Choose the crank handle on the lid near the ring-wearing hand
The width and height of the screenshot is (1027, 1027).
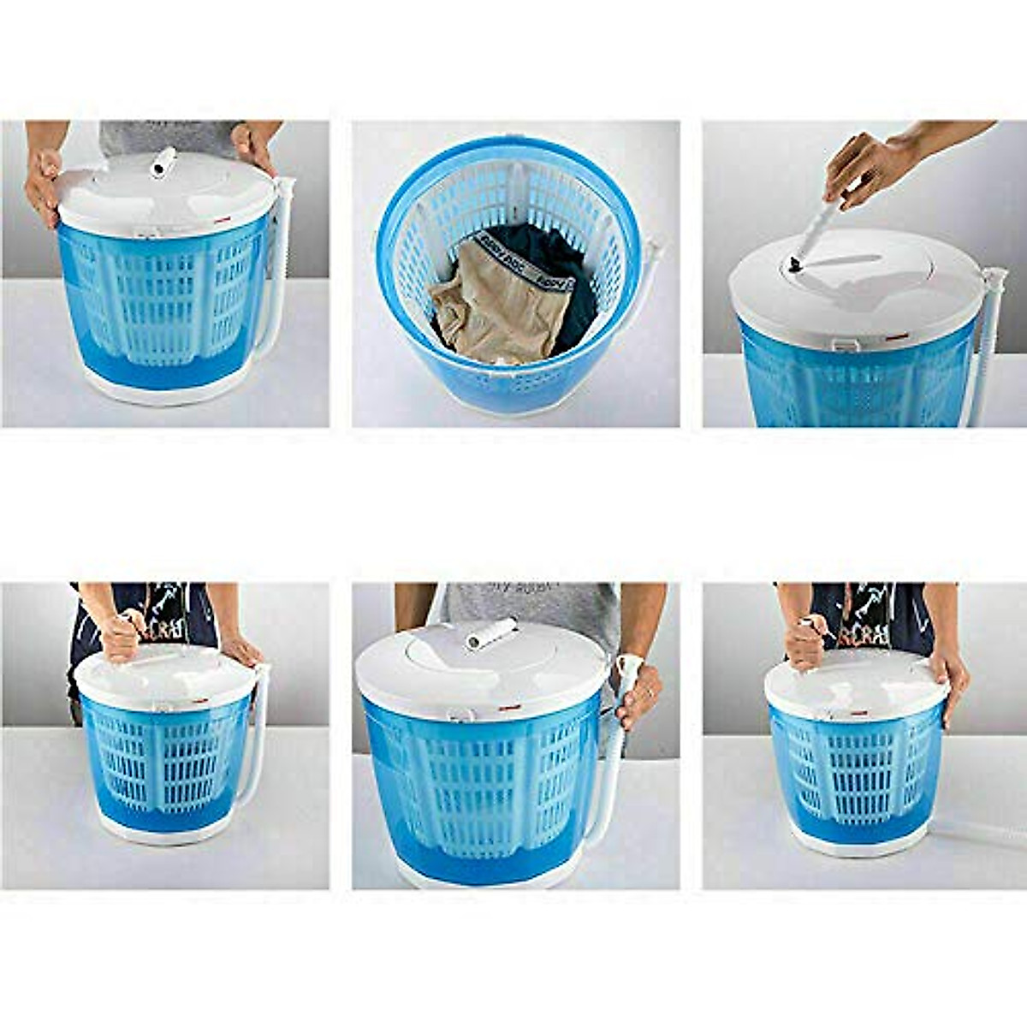490,633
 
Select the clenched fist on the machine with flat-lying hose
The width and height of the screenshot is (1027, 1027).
805,642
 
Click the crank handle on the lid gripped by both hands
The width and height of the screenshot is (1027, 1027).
162,163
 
